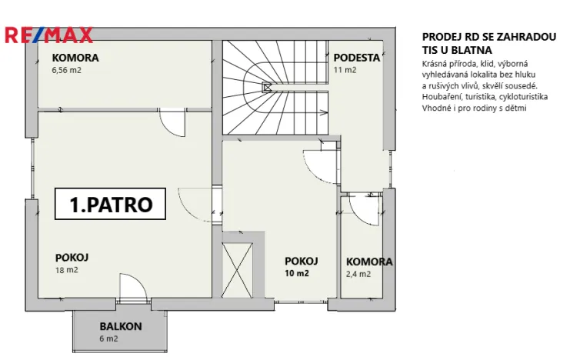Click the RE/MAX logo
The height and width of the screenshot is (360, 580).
point(48,35)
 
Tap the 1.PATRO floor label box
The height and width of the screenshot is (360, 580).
point(111,205)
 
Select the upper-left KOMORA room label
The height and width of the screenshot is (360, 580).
point(75,58)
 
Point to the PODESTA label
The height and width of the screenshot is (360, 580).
point(356,58)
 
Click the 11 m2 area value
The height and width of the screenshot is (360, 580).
point(345,70)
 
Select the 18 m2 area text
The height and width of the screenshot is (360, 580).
point(66,270)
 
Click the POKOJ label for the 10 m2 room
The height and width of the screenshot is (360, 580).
point(301,261)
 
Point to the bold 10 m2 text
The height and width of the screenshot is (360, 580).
point(297,274)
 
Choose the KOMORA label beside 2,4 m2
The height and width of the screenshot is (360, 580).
point(368,262)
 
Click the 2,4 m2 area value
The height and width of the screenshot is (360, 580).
point(358,274)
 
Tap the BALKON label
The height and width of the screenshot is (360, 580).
point(120,326)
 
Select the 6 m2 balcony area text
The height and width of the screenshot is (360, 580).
point(108,338)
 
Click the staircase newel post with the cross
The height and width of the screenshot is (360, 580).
point(267,88)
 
